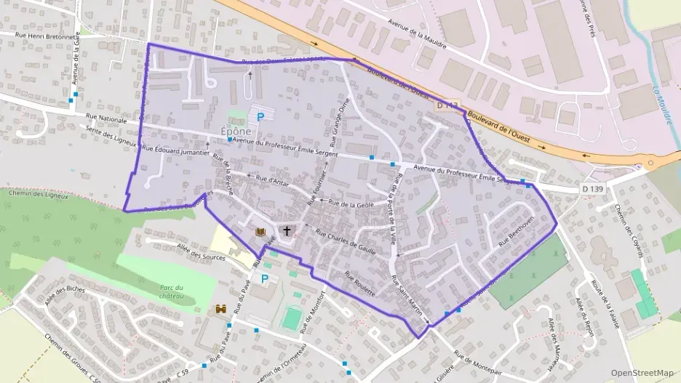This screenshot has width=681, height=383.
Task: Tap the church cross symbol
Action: click(x=287, y=231)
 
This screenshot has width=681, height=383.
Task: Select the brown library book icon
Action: click(x=260, y=232)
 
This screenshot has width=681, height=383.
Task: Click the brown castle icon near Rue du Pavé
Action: click(x=220, y=309)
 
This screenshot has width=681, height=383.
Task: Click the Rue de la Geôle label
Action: click(x=351, y=204)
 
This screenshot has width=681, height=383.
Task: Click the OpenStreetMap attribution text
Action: click(x=642, y=373)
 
